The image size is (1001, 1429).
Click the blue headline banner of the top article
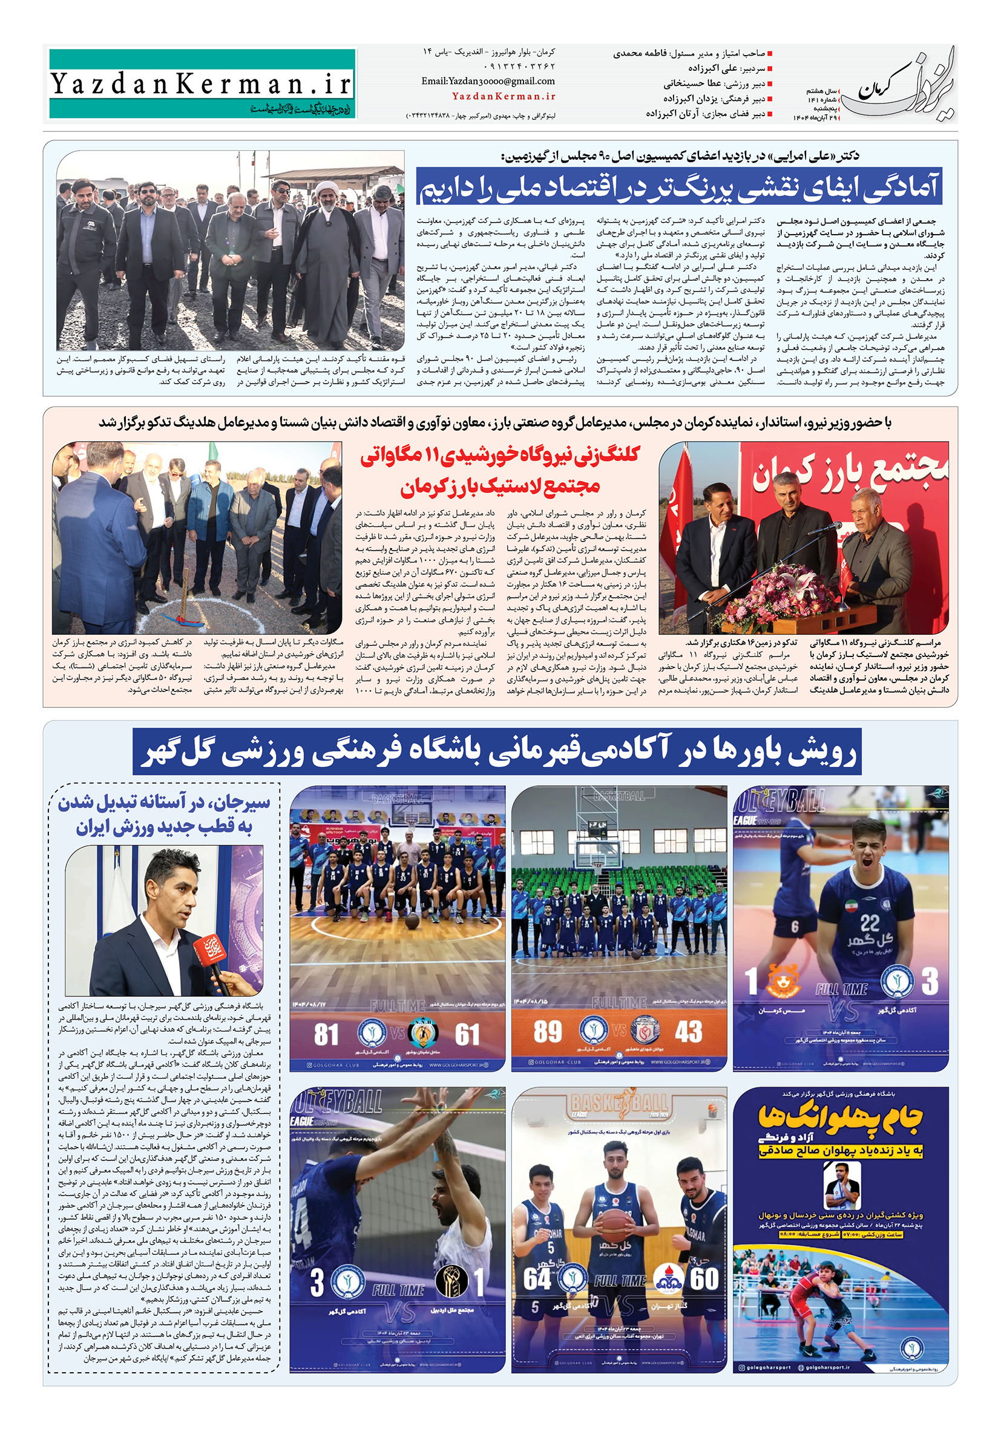click(678, 186)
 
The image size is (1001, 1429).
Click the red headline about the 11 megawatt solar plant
click(500, 470)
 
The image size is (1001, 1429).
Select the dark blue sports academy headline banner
click(497, 752)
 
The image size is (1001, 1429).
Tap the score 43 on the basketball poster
click(689, 1032)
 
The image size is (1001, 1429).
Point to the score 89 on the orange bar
click(547, 1032)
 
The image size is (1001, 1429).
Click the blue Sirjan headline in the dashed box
click(165, 815)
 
